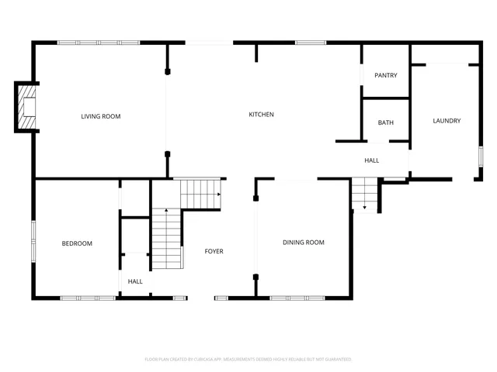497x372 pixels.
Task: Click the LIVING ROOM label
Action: coord(101,116)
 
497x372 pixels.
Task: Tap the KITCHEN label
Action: coord(261,115)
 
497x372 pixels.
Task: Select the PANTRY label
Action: coord(386,75)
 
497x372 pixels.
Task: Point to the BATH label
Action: coord(386,123)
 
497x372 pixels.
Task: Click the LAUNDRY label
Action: coord(447,121)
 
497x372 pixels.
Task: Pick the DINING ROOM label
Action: coord(304,243)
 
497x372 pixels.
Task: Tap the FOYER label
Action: coord(214,251)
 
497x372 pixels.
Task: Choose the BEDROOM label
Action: coord(77,243)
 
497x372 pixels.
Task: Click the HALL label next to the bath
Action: coord(372,160)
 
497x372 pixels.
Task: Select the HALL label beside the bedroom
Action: coord(135,281)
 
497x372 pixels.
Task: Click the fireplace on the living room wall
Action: coord(28,106)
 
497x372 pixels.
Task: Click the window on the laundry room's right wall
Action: coord(481,156)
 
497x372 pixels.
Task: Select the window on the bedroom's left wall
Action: coord(33,241)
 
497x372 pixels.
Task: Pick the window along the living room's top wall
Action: coord(98,42)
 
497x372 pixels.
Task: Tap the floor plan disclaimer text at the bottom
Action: coord(248,359)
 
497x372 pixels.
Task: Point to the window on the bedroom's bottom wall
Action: coord(88,298)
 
